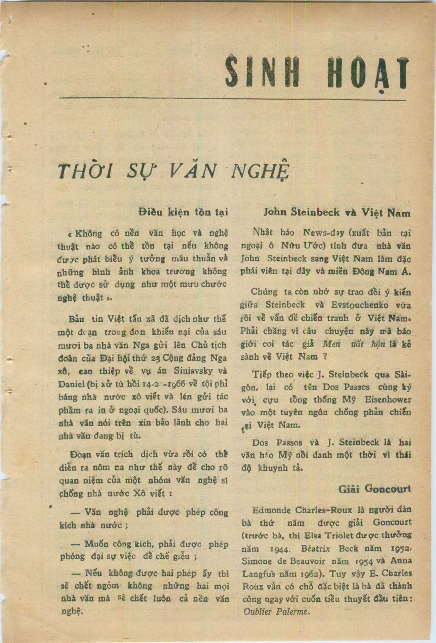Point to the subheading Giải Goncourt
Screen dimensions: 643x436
tap(375, 489)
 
